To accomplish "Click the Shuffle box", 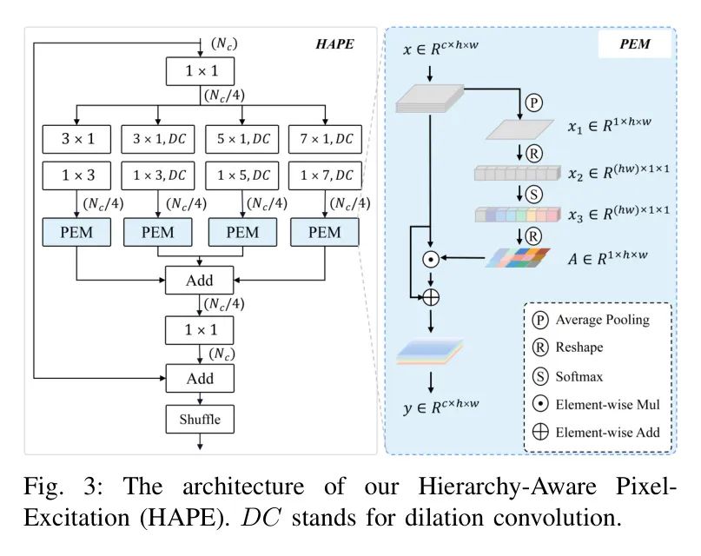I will click(200, 420).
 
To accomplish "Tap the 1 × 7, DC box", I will click(325, 176).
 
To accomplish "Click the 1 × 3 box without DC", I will click(76, 176).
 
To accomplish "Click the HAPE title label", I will click(334, 43).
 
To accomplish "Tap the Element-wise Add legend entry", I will click(607, 432).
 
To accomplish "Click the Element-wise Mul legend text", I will click(607, 404).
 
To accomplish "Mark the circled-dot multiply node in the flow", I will click(428, 258).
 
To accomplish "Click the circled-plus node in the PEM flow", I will click(429, 297).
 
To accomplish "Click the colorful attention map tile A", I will click(519, 257).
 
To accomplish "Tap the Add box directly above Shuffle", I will click(200, 379).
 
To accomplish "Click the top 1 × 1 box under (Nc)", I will click(200, 70).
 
